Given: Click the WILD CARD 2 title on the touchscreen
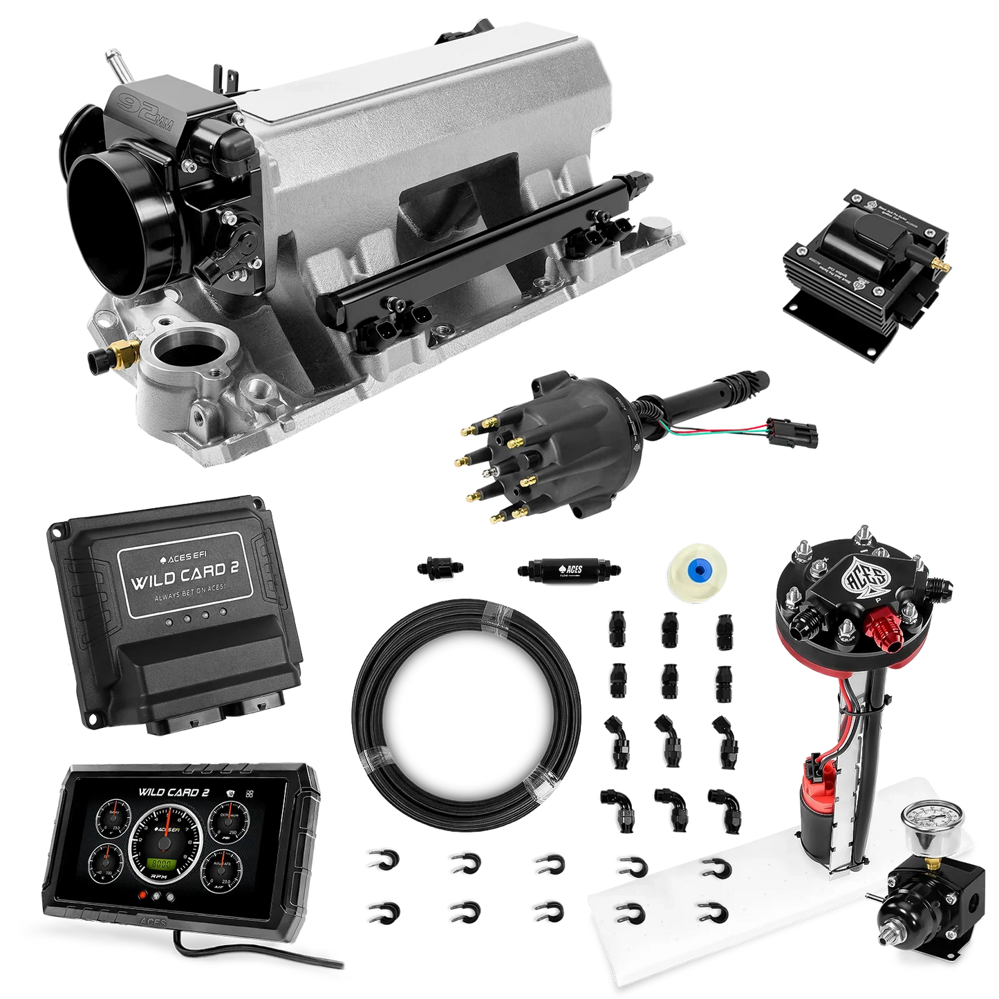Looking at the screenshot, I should [174, 792].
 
